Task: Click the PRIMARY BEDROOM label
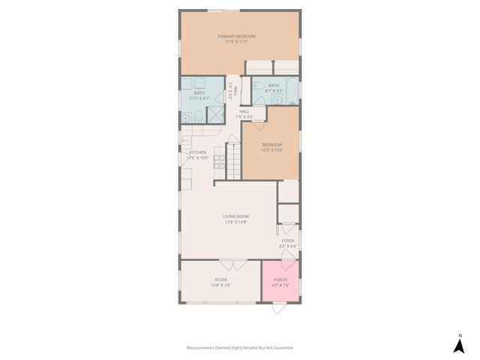pos(236,36)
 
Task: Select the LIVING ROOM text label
pos(235,216)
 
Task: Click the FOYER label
pos(288,241)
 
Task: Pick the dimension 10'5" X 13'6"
pos(271,150)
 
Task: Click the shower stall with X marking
pos(215,114)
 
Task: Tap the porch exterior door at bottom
pos(278,307)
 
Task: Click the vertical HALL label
pos(235,91)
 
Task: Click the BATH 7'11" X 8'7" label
pos(199,95)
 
